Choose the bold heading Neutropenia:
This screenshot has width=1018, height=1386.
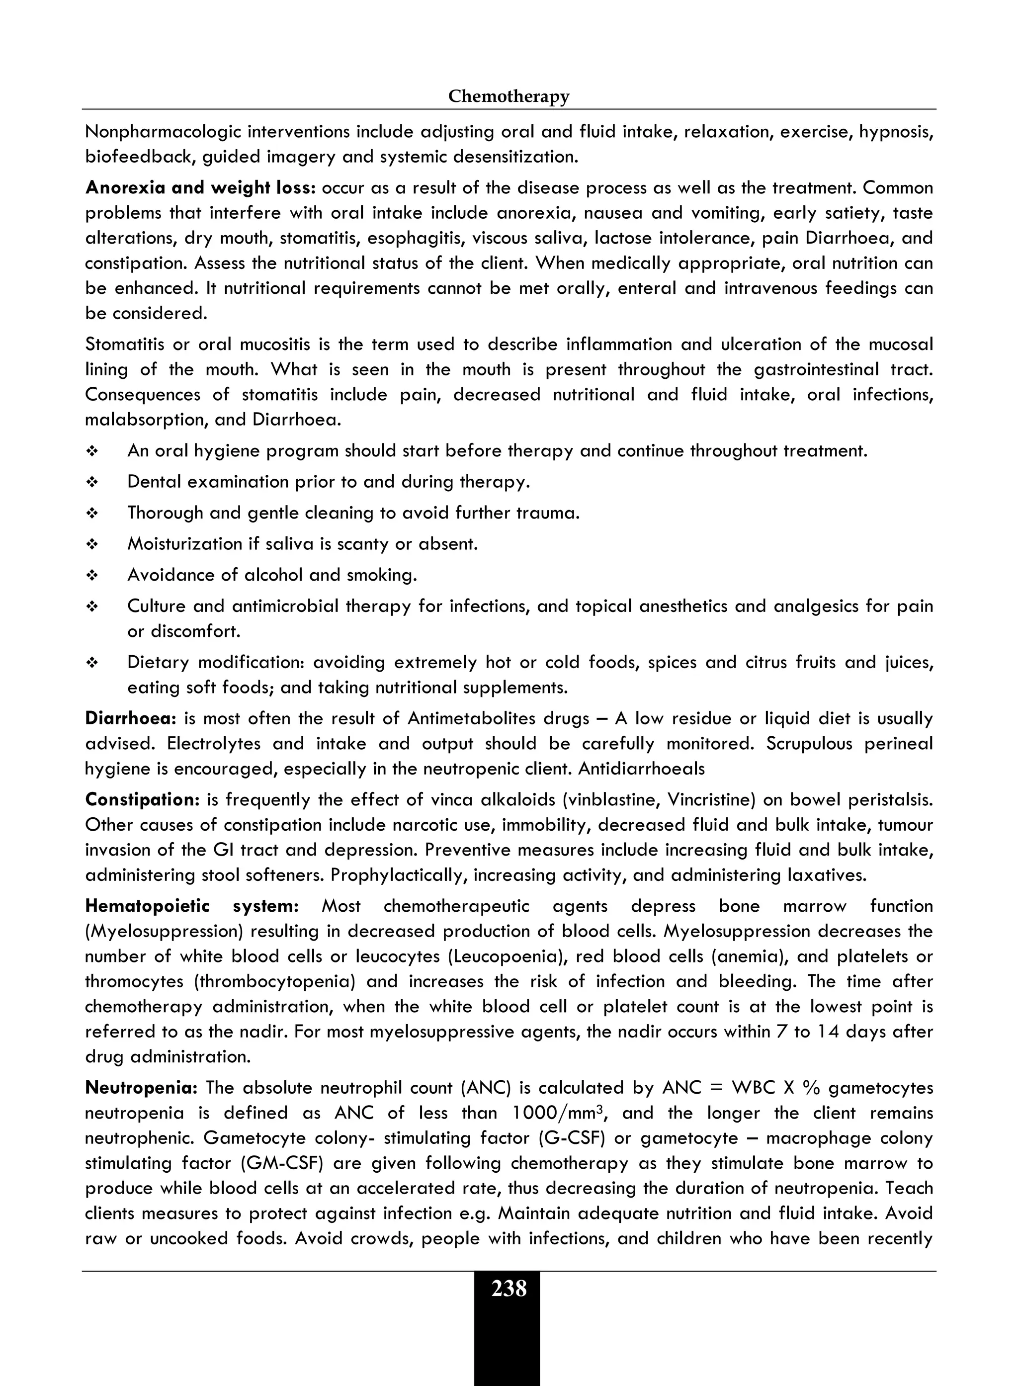click(141, 1088)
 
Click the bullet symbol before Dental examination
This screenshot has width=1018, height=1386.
click(92, 483)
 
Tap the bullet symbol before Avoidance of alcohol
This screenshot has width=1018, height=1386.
click(92, 576)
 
